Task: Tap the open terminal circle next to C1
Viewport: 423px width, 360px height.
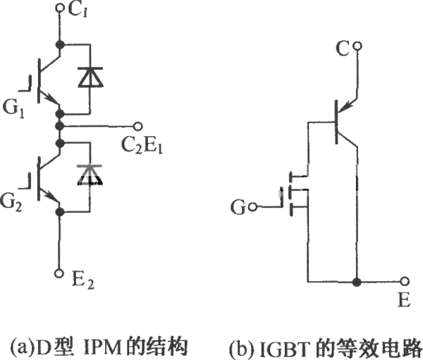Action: [59, 8]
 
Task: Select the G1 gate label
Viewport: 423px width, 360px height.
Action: [13, 108]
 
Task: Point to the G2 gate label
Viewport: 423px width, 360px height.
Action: [11, 201]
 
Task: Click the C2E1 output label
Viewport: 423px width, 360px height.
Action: [142, 145]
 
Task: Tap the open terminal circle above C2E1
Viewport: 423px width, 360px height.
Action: [138, 126]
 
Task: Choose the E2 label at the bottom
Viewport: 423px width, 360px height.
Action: [83, 280]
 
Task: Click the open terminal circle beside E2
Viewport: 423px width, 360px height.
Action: [59, 273]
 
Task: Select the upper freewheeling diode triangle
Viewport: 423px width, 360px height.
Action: [90, 77]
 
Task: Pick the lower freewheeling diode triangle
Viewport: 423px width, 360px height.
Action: [90, 175]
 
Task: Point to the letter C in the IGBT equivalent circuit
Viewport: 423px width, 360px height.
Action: [343, 49]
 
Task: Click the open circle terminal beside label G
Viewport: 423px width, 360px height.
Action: [252, 207]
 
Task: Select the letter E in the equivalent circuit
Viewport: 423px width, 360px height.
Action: [404, 299]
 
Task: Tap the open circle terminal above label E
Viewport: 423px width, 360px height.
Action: [404, 282]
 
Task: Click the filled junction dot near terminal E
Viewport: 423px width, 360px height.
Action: [357, 282]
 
